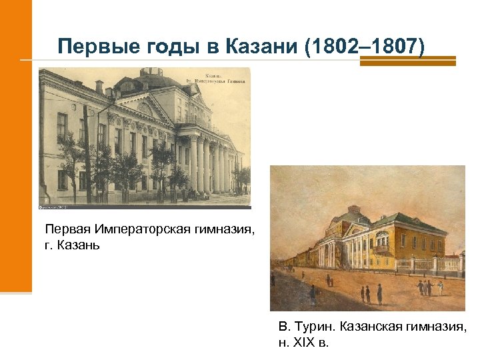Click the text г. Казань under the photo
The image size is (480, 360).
72,245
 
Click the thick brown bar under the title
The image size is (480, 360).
407,61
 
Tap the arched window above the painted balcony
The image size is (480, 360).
382,237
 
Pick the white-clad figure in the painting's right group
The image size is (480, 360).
441,287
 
